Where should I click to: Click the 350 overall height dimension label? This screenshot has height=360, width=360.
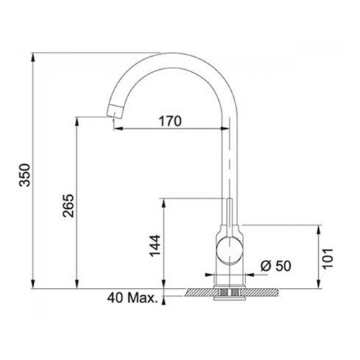tap(24, 175)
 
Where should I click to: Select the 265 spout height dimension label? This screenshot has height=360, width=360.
tap(68, 206)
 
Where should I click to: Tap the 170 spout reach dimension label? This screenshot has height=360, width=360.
tap(170, 122)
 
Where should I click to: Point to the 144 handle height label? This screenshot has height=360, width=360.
tap(155, 246)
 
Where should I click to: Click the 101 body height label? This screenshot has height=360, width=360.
tap(328, 259)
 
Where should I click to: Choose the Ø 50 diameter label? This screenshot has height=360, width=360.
tap(276, 266)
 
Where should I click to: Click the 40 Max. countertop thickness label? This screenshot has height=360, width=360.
tap(132, 298)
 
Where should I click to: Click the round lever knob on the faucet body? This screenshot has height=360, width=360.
tap(230, 251)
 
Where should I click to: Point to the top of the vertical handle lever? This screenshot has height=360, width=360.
tap(230, 199)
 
